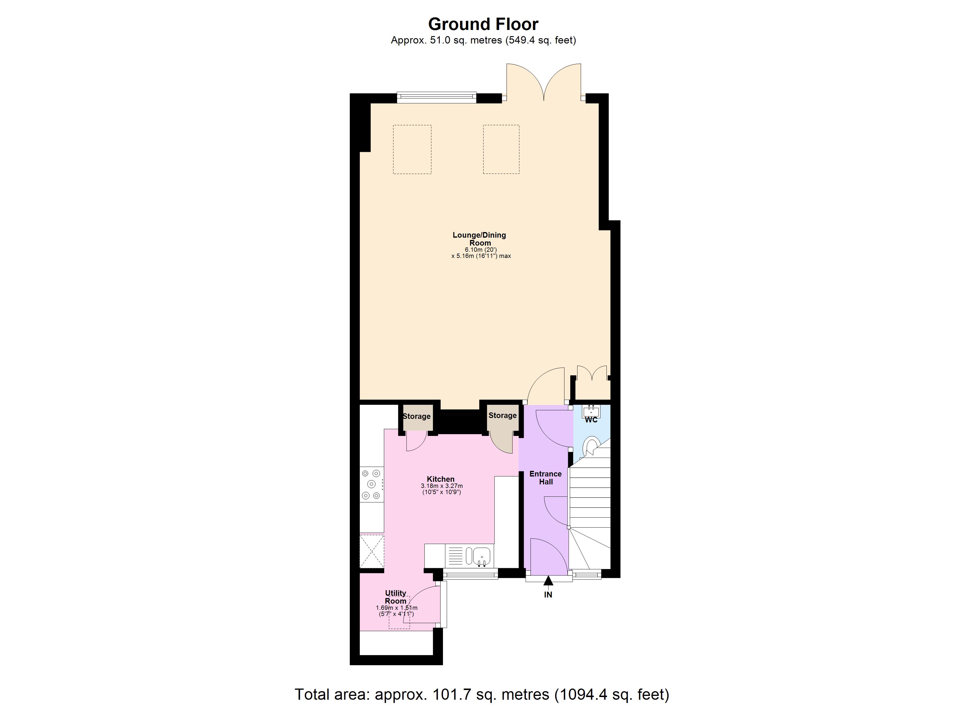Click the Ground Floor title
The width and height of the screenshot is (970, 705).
tap(483, 24)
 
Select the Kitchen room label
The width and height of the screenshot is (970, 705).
tap(441, 479)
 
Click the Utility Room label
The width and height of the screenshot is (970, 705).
tap(396, 597)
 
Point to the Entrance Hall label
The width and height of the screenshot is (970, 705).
tap(545, 478)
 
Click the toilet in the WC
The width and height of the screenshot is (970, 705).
tap(592, 446)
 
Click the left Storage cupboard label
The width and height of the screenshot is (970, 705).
tap(417, 417)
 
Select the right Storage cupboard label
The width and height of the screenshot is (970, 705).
tap(503, 416)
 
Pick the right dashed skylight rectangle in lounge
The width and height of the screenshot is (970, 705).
tap(501, 149)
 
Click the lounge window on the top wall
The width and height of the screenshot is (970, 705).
tap(436, 98)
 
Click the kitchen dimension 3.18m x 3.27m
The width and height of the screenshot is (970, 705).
tap(441, 486)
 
